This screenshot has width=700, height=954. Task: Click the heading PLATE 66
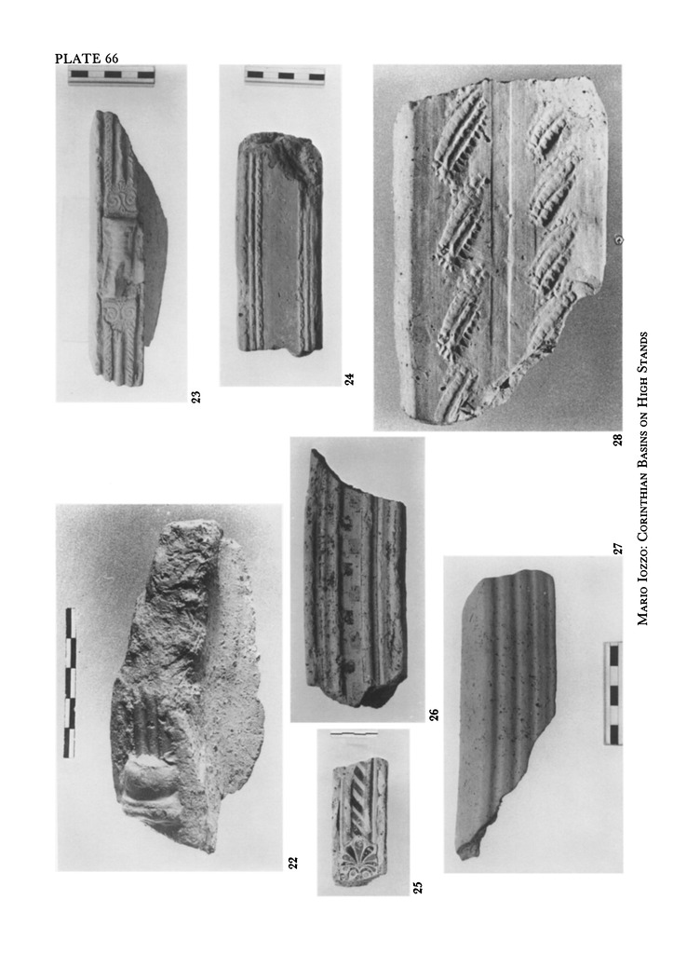[87, 59]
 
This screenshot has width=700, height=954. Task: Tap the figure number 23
[195, 397]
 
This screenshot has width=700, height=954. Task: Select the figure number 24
[349, 379]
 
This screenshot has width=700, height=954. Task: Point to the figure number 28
[617, 439]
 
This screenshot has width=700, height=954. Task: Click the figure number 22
[293, 862]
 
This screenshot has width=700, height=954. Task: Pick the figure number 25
[417, 888]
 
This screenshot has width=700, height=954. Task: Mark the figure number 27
[617, 549]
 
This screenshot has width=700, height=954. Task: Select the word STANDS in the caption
[642, 351]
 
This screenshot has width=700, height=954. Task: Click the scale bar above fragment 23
[111, 75]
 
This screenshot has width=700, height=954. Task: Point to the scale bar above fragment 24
[285, 75]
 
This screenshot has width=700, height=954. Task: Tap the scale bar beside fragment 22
[70, 683]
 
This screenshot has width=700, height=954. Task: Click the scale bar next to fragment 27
[613, 693]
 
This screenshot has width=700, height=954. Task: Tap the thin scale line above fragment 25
[353, 734]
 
